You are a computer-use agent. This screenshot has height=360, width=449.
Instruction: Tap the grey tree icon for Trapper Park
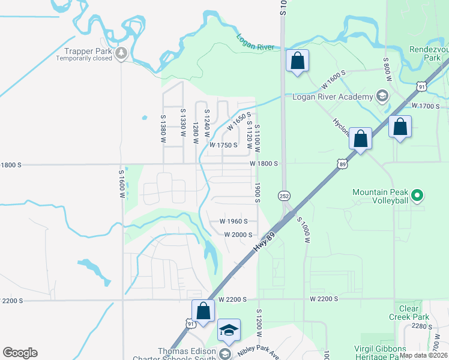(122, 53)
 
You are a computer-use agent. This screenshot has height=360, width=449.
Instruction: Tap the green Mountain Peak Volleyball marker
(419, 195)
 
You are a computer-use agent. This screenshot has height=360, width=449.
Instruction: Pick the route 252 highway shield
(284, 196)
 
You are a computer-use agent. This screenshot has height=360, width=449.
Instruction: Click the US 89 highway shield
(342, 163)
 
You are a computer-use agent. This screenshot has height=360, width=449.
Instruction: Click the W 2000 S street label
(239, 235)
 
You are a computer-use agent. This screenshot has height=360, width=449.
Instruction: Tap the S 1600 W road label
(121, 183)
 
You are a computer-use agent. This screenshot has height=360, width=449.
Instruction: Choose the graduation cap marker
(229, 331)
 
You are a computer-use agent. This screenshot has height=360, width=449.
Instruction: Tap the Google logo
(20, 353)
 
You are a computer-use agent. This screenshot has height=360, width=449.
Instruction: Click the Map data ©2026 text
(423, 355)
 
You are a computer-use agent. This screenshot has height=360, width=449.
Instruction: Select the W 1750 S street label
(223, 145)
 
